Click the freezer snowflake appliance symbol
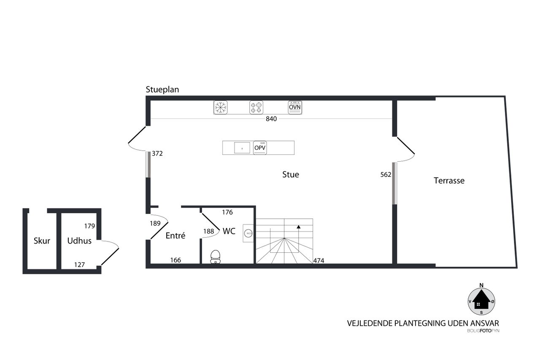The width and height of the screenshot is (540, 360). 220,107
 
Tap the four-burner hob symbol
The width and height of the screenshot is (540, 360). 256,107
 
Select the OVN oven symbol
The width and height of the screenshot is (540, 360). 295,107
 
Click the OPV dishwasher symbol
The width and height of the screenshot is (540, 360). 260,148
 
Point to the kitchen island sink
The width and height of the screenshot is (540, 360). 242,148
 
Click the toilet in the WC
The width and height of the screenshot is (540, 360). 215,257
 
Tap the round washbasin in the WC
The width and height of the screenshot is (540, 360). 248,233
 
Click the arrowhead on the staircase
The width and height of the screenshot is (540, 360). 298,227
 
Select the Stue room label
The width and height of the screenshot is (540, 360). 291,175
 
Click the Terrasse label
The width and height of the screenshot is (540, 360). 449,181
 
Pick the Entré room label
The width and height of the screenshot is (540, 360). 175,235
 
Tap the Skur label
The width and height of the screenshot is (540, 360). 42,241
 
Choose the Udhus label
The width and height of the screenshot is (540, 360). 79,241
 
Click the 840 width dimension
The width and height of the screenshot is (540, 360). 271,119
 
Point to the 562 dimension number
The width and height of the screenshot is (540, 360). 386,175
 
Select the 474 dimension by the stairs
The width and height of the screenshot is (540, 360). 319,261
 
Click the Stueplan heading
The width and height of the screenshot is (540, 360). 162,90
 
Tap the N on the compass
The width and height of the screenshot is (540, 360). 481,285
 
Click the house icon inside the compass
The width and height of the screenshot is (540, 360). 481,300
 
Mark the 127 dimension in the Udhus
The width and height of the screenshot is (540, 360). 79,265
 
